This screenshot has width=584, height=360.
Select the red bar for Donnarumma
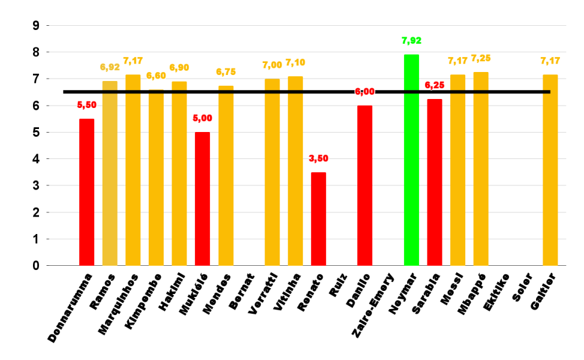tap(86, 192)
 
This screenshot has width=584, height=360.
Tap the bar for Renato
tap(318, 218)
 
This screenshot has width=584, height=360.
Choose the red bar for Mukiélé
tap(203, 199)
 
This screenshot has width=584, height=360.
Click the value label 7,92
tap(411, 41)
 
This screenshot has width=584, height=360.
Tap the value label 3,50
tap(318, 159)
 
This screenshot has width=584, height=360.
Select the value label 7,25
tap(481, 58)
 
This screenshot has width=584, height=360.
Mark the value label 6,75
tap(226, 72)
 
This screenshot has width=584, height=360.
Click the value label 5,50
tap(87, 105)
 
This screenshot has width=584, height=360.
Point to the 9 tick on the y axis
tap(36, 26)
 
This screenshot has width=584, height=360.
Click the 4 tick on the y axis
tap(36, 159)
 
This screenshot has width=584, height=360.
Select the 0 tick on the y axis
tap(36, 265)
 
